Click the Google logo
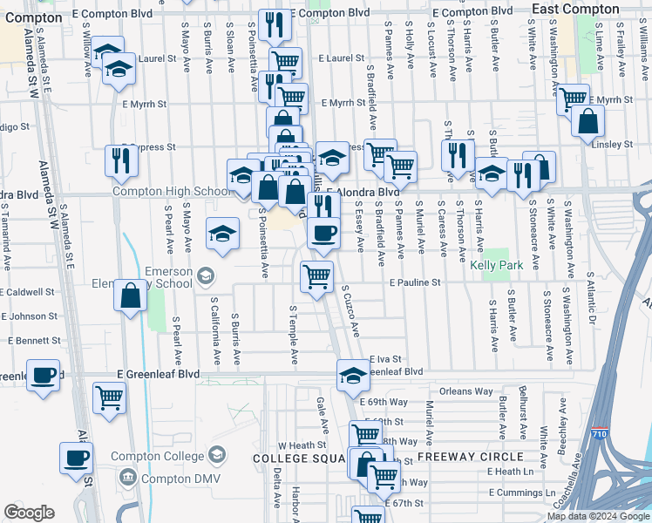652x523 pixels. (29, 513)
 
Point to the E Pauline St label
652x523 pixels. (415, 283)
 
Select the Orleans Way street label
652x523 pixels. (466, 391)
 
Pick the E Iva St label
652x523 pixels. (384, 359)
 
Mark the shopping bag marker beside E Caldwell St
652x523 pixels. (131, 295)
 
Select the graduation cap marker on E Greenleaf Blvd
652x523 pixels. (353, 375)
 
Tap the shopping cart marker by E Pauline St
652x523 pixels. (316, 276)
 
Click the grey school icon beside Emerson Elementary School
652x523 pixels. (204, 276)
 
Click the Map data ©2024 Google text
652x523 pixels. (597, 516)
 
